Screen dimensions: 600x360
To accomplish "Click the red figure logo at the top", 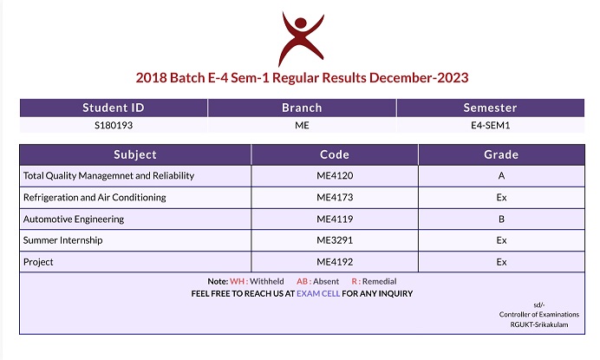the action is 301,38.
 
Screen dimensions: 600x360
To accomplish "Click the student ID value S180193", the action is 114,125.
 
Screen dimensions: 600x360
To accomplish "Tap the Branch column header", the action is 302,108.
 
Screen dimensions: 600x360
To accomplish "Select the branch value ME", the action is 302,125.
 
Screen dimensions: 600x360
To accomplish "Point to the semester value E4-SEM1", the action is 490,125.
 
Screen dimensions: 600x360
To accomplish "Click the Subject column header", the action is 135,154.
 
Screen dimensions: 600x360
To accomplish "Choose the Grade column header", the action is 501,154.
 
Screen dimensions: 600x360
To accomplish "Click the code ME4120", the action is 335,176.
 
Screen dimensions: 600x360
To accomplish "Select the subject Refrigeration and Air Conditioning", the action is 95,197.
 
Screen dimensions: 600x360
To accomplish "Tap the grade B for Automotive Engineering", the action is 501,219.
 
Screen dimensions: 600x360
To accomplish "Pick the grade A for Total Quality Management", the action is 501,176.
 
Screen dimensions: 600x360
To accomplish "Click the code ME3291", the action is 335,240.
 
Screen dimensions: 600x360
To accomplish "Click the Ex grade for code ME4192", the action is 501,262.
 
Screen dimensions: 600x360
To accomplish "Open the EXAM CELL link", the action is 318,294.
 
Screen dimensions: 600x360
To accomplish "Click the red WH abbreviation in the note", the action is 237,281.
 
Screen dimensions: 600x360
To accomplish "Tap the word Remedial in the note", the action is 379,281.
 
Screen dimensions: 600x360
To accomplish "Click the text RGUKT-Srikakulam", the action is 538,324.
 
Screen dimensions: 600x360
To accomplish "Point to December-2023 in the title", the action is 419,78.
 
